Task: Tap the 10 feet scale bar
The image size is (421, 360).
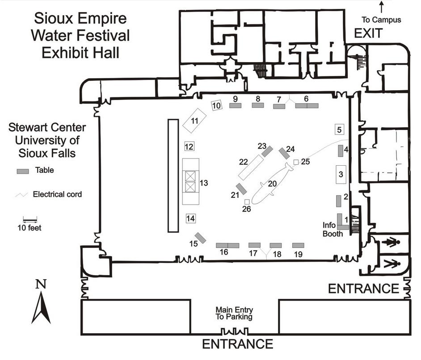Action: point(30,220)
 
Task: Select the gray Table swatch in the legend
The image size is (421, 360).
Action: point(23,171)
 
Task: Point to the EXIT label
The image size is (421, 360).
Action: point(369,33)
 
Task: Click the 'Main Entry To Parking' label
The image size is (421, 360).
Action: point(234,313)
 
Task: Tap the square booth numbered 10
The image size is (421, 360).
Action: point(217,106)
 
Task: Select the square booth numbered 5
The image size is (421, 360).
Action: point(340,130)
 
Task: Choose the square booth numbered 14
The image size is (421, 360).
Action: point(191,218)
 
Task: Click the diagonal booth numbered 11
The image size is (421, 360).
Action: point(194,120)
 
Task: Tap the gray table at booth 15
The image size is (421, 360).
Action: point(201,238)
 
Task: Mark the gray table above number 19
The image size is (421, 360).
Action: point(298,245)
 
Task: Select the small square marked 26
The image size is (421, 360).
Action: point(247,202)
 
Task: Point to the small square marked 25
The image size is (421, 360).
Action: point(296,162)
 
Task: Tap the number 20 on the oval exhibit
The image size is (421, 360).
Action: point(272,183)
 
